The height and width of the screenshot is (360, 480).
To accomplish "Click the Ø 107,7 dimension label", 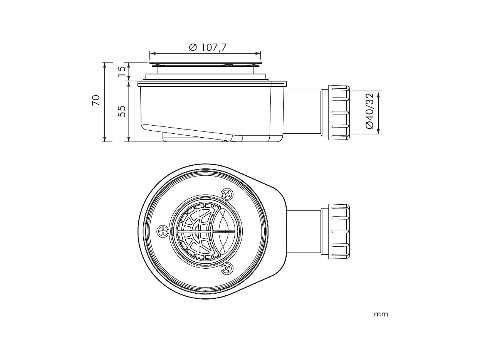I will click(208, 47).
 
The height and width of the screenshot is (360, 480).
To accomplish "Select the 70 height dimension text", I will click(96, 100).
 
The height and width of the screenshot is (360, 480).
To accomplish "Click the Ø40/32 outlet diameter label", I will click(369, 111).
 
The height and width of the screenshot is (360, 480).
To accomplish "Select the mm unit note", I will click(381, 314).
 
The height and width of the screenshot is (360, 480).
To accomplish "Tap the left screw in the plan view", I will click(163, 231).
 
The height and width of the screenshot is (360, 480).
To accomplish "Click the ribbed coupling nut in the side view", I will click(339, 113).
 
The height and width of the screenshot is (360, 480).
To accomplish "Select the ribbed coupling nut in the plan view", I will click(339, 232).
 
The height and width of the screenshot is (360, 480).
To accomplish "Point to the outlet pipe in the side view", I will click(302, 113).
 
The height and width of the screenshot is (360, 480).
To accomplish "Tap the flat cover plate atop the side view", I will click(206, 63).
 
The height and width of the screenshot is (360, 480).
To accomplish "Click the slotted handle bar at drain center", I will click(223, 231).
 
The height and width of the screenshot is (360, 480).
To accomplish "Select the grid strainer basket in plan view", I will click(195, 231).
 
